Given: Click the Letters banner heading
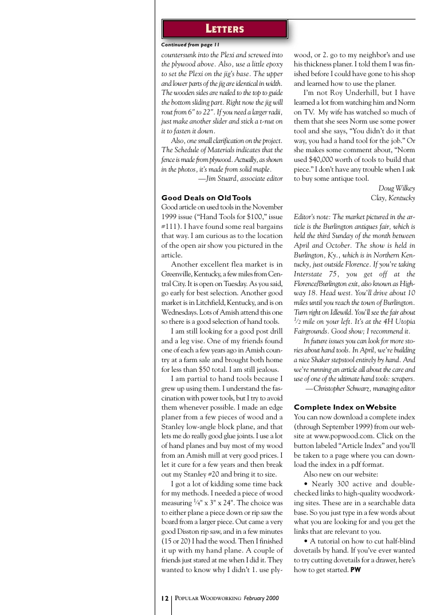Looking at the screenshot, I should [225, 29].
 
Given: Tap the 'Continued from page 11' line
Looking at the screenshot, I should [190, 45].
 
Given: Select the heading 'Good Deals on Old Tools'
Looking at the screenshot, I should [206, 198].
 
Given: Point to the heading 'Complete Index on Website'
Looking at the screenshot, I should [345, 407].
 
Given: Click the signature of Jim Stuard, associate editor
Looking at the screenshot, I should [240, 178].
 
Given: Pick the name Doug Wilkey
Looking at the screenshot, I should [396, 188].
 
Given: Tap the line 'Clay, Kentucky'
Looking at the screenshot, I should [393, 198].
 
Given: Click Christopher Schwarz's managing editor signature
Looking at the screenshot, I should [360, 388].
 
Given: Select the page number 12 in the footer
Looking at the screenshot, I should [164, 598].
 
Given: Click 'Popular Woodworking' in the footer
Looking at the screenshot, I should [208, 598].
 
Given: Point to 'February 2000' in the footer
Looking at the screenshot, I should [261, 598].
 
